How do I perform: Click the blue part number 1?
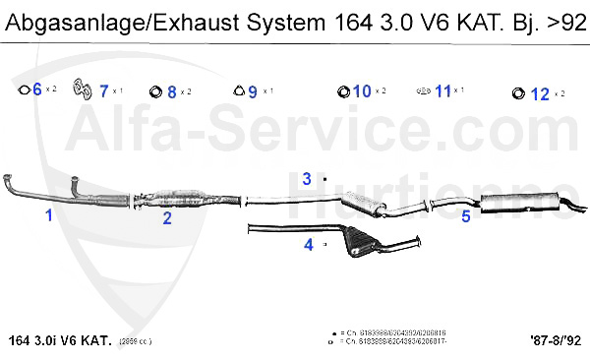48,214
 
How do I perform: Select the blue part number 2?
167,217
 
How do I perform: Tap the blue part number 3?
307,179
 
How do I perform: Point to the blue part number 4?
308,244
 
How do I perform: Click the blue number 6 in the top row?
37,90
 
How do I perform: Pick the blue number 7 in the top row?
104,91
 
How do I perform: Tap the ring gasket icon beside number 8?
155,92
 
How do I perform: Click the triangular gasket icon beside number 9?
238,91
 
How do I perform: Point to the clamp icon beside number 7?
84,91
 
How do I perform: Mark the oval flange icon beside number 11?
423,91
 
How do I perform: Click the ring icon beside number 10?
343,92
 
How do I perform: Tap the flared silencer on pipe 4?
361,241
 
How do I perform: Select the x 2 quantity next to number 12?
560,93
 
